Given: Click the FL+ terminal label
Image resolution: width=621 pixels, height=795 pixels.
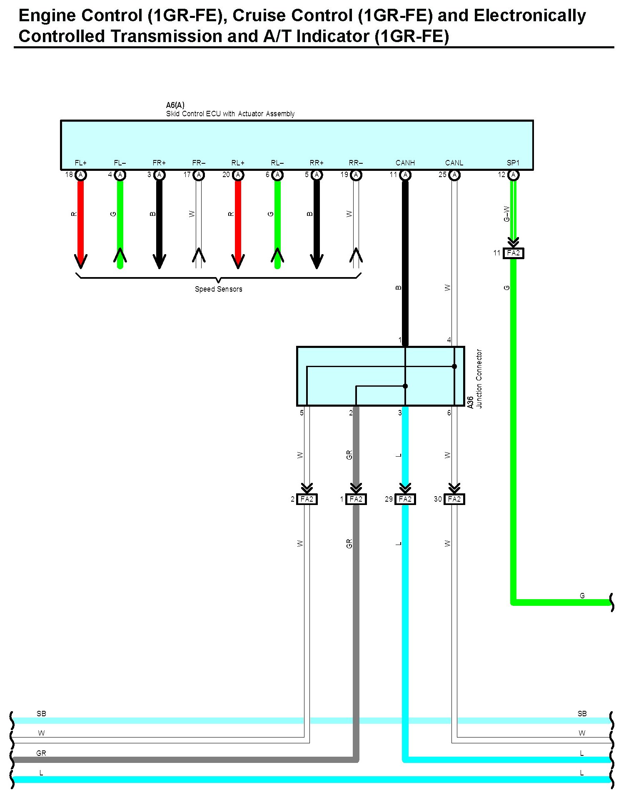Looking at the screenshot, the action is (80, 162).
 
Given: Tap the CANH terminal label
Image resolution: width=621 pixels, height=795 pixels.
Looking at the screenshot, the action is (405, 162).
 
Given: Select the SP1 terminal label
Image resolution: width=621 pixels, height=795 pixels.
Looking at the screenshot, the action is (513, 162).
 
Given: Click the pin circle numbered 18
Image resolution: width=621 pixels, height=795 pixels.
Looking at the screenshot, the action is (81, 175).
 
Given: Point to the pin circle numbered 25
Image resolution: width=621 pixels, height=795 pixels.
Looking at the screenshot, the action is (454, 175).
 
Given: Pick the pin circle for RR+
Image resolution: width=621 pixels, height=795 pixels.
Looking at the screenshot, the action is (317, 175).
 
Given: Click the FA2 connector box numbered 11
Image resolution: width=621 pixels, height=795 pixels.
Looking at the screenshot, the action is (513, 253).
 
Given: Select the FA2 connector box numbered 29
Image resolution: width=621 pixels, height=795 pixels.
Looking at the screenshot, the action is (405, 499).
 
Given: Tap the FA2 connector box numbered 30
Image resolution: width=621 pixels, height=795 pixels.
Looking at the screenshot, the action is (454, 499).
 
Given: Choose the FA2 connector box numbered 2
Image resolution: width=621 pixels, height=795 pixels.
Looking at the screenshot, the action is (307, 499).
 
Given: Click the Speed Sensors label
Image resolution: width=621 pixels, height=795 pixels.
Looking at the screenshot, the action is (218, 289).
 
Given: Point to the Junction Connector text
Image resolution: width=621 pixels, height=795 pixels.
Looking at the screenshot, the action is (479, 378).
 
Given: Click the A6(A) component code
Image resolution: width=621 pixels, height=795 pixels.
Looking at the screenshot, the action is (175, 105).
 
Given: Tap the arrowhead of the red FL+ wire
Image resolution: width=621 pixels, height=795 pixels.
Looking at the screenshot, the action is (81, 261).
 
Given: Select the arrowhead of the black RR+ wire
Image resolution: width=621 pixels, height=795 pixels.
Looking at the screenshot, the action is (317, 261).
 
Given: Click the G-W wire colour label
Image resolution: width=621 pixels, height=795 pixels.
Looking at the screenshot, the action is (506, 214).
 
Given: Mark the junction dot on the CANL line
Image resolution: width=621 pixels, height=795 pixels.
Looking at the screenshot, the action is (454, 366).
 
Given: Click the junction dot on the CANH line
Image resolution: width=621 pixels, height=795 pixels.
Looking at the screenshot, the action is (405, 386).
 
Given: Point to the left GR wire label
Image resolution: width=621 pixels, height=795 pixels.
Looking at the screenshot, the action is (41, 753).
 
